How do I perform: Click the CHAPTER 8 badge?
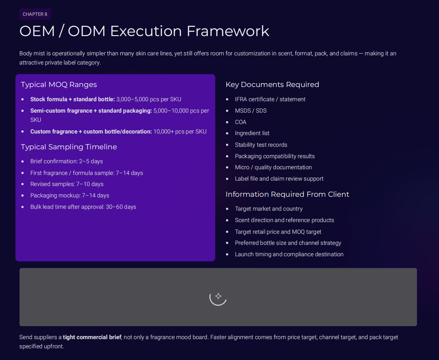tap(35, 14)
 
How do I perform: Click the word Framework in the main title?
tap(228, 31)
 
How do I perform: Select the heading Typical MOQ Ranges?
tap(59, 84)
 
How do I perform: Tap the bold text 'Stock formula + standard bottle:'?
tap(72, 99)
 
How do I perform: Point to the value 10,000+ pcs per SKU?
tap(180, 132)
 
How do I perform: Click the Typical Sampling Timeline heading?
tap(69, 147)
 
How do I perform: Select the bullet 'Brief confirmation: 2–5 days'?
tap(66, 161)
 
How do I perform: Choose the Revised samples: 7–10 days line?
tap(67, 184)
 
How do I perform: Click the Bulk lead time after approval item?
tap(83, 207)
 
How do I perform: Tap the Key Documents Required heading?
tap(272, 84)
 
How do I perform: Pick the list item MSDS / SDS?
tap(250, 111)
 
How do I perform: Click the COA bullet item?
tap(240, 122)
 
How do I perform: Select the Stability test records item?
tap(261, 145)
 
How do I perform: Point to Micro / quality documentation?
tap(273, 167)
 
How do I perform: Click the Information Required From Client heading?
tap(287, 194)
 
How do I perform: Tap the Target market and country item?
tap(269, 209)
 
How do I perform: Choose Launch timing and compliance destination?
tap(289, 254)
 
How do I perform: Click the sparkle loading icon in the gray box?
tap(218, 297)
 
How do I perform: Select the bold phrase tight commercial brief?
tap(92, 337)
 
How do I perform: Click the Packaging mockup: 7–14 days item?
tap(70, 196)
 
